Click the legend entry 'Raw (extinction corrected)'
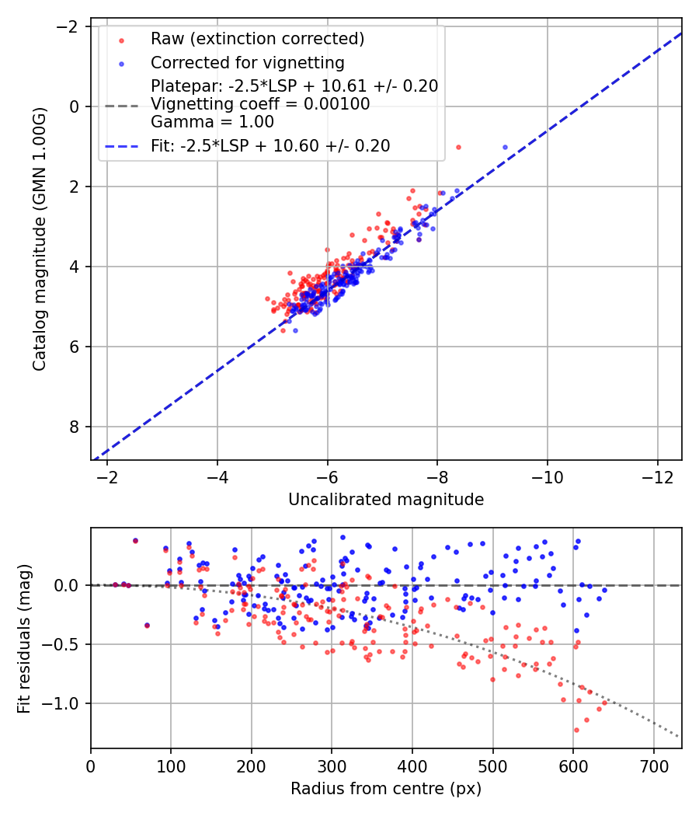point(257,39)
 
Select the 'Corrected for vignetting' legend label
point(248,62)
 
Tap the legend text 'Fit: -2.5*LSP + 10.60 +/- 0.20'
point(270,145)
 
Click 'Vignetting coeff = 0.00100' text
point(260,104)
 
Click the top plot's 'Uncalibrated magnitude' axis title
point(386,500)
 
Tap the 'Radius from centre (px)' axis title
point(386,789)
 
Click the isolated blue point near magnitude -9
point(505,147)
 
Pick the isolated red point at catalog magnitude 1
point(458,147)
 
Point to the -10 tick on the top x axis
point(548,476)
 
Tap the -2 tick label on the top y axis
point(69,26)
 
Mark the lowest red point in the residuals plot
point(576,730)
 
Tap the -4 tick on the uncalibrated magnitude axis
point(217,476)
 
